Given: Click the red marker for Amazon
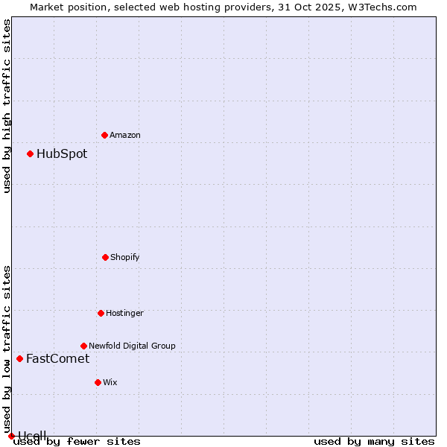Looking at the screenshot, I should [104, 135].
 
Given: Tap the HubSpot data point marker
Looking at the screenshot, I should [30, 154].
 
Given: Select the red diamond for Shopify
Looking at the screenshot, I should [105, 257].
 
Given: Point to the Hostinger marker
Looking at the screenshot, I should [101, 313].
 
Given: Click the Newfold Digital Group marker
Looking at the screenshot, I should [83, 346].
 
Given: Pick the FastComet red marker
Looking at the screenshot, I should [19, 358].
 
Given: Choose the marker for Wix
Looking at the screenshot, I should [98, 382].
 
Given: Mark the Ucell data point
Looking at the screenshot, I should [11, 436].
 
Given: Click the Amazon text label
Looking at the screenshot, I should [125, 135].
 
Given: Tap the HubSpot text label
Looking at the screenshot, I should [62, 154].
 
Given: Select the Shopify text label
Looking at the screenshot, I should [125, 257].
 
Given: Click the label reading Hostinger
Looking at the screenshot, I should [124, 313].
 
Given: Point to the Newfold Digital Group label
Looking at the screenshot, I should [132, 346].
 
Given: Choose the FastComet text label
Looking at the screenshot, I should [57, 358].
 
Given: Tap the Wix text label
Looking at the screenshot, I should [110, 382].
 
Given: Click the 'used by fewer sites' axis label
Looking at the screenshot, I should [77, 442].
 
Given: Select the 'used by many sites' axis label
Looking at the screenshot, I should [374, 442].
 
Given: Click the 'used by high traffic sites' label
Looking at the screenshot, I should [7, 106].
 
